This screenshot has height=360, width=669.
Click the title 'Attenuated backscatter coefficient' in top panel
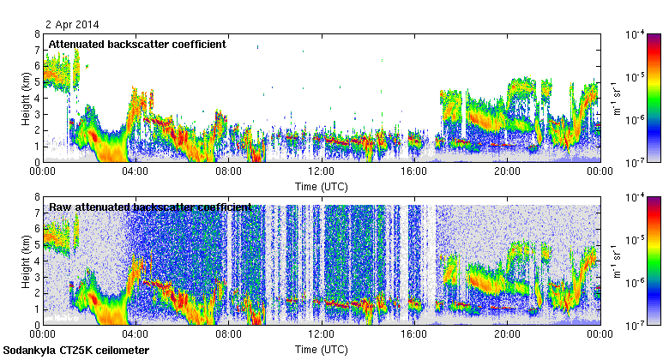click(x=137, y=45)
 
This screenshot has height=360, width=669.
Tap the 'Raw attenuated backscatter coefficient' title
click(x=150, y=207)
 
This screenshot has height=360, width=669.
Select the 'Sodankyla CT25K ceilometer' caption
click(x=76, y=351)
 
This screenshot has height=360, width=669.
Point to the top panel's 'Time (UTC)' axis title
click(x=321, y=186)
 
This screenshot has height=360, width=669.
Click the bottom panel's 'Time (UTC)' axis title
click(x=321, y=350)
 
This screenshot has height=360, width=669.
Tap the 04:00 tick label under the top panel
click(x=136, y=171)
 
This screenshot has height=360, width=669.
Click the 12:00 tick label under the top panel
click(x=321, y=171)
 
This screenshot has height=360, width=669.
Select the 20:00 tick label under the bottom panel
click(x=506, y=335)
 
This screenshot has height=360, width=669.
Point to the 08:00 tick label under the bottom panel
click(x=228, y=335)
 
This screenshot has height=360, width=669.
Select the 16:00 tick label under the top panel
click(x=413, y=171)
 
